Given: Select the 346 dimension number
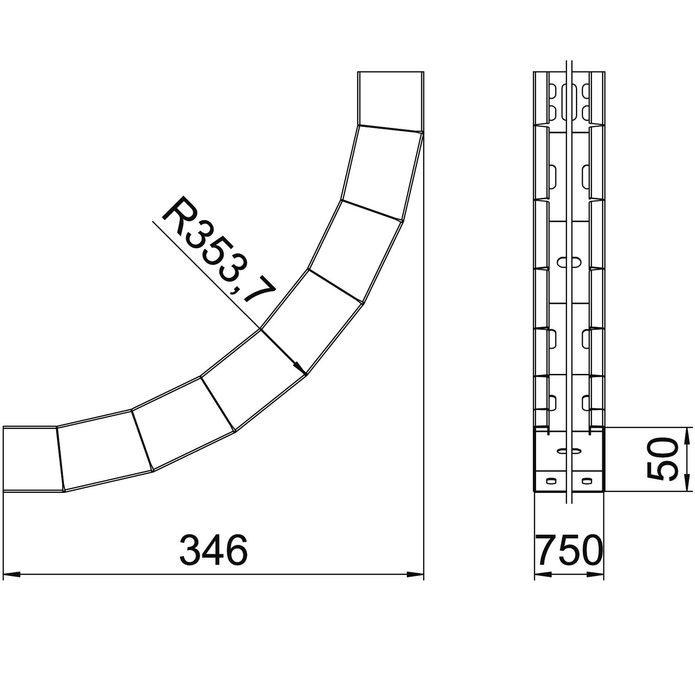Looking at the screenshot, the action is [x=214, y=550].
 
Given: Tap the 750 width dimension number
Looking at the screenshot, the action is [x=570, y=550].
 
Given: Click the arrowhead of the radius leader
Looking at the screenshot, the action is [x=299, y=366].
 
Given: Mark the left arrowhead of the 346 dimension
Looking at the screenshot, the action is [x=11, y=575].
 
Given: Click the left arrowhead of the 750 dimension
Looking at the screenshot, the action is [x=543, y=575].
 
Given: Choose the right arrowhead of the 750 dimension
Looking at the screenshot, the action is [x=595, y=575].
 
